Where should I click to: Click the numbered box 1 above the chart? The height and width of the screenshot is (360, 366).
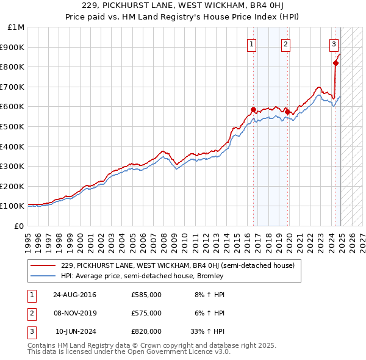pos(252,43)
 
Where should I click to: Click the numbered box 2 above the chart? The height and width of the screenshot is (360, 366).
pos(285,43)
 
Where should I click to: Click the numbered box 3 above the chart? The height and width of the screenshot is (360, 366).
pos(334,43)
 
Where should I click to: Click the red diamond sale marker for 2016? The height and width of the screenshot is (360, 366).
pos(253,110)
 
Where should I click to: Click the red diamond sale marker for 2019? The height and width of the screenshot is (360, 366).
pos(287,112)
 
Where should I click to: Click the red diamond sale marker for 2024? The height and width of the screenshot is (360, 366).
pos(335,63)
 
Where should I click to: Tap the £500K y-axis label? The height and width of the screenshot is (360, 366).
pos(13,126)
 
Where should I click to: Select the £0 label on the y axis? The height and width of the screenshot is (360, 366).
pos(20,226)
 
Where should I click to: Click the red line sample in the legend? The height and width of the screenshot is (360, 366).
pos(43,265)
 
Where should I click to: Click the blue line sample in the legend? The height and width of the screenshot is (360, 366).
pos(43,276)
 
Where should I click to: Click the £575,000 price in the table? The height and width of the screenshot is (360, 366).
pos(146,313)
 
